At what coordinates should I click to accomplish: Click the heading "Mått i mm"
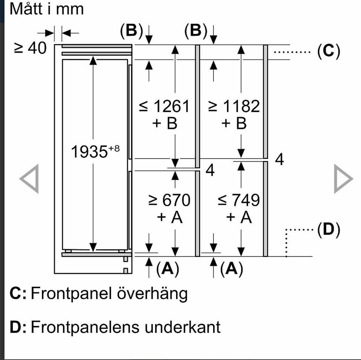[x=46, y=9]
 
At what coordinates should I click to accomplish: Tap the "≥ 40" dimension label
[x=30, y=48]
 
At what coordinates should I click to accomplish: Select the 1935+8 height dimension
[x=95, y=152]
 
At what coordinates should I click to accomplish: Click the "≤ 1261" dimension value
[x=164, y=107]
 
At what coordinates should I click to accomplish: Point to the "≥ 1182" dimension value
[x=234, y=107]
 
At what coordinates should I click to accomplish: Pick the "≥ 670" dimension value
[x=169, y=200]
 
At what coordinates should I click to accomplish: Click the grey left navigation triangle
[x=29, y=178]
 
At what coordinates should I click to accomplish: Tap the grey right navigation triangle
[x=343, y=178]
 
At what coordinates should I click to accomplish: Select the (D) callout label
[x=328, y=230]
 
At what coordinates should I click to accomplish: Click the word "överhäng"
[x=152, y=293]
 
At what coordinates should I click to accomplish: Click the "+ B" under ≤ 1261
[x=165, y=124]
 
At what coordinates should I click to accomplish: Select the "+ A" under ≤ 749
[x=239, y=217]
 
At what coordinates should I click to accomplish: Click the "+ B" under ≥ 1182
[x=234, y=124]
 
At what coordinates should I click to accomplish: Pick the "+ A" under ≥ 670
[x=170, y=217]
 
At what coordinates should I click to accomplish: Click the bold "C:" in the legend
[x=18, y=293]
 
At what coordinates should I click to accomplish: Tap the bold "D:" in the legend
[x=18, y=327]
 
